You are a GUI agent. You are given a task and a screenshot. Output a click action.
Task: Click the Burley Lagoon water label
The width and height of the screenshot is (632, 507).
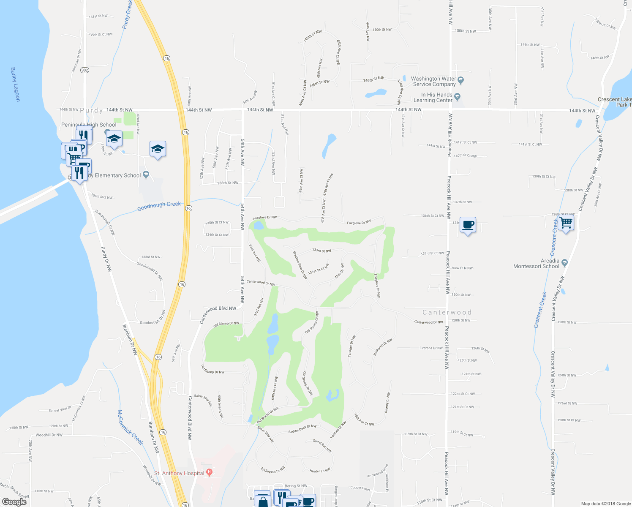(x=15, y=84)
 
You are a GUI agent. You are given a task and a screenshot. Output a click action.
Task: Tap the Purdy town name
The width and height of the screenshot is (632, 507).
(x=91, y=110)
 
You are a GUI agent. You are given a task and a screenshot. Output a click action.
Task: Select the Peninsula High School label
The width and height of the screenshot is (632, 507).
(x=89, y=125)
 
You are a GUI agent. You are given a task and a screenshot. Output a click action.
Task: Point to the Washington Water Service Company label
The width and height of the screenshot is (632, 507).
(x=434, y=82)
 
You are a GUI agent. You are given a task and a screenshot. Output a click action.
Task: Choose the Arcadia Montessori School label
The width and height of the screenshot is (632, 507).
(x=536, y=264)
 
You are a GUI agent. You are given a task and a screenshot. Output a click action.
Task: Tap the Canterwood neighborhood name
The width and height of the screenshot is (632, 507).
(x=447, y=312)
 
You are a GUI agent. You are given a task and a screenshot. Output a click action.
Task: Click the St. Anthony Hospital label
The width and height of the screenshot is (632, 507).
(x=179, y=473)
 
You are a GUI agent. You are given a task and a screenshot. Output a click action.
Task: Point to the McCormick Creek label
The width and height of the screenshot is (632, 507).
(x=130, y=427)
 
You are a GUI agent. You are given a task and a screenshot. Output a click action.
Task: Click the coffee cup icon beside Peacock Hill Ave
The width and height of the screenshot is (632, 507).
(x=468, y=225)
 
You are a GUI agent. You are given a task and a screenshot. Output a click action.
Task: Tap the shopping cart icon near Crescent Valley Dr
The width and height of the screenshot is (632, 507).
(x=566, y=222)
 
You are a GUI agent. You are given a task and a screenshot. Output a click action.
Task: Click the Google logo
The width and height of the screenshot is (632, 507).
(x=14, y=502)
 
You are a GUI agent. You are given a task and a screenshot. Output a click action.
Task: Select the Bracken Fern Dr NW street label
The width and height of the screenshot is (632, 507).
(x=300, y=265)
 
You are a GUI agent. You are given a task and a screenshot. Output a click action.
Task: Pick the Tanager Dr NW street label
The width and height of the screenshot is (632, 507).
(x=351, y=346)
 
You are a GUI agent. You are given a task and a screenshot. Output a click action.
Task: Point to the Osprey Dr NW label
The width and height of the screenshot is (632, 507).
(x=387, y=402)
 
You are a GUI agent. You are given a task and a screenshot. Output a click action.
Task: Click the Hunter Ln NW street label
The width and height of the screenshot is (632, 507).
(x=320, y=471)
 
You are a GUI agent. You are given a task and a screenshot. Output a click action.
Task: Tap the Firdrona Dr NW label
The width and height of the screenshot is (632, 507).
(x=431, y=348)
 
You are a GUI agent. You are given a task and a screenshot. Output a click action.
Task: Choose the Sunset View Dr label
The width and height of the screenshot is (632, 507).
(x=60, y=409)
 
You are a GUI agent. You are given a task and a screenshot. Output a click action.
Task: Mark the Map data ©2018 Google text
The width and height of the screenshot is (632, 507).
(x=606, y=504)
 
